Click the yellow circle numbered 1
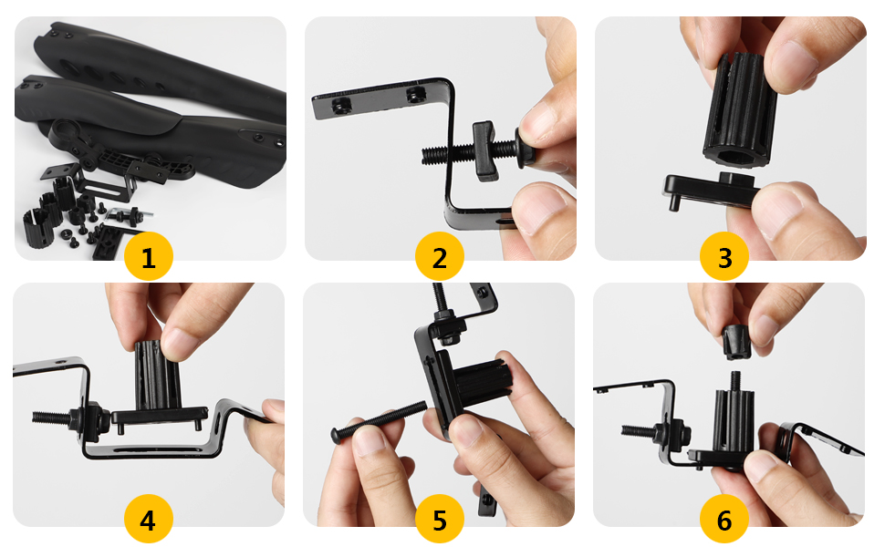[x=149, y=256]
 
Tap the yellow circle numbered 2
[x=439, y=256]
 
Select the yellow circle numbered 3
[x=724, y=256]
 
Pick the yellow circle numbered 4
[x=148, y=519]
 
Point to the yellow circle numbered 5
[x=439, y=519]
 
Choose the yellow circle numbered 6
[x=724, y=519]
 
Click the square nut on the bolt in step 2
[x=484, y=150]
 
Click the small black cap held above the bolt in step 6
[x=737, y=342]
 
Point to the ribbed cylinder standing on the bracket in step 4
[x=158, y=375]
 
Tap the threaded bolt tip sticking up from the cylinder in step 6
[x=735, y=382]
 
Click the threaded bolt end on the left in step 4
[x=51, y=418]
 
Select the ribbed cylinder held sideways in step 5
[x=483, y=381]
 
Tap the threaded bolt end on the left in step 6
[x=639, y=431]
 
